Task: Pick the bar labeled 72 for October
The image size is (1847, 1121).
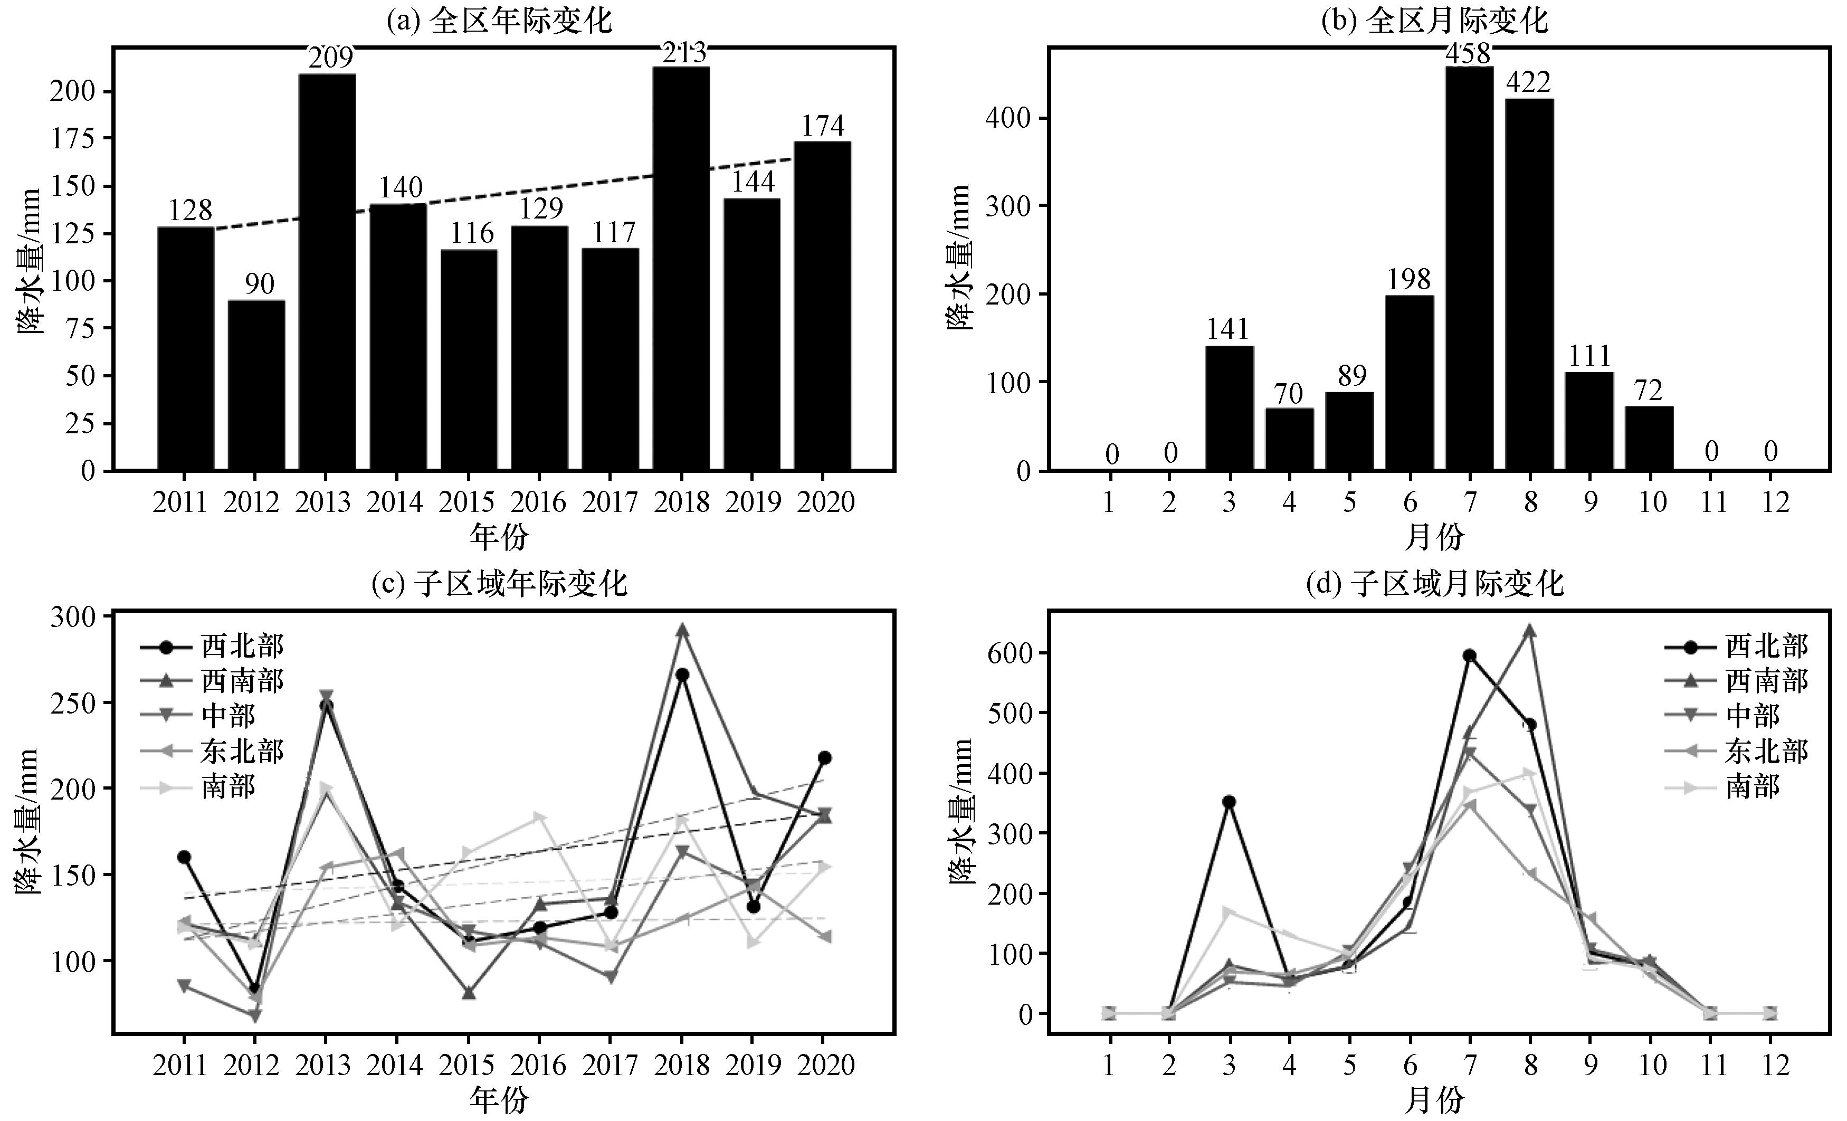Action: tap(1649, 438)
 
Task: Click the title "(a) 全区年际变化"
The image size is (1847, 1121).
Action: tap(499, 20)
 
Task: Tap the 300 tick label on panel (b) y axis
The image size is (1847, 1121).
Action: tap(1007, 206)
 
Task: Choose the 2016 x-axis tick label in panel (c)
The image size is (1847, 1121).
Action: tap(538, 1065)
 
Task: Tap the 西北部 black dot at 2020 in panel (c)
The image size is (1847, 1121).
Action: tap(824, 757)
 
